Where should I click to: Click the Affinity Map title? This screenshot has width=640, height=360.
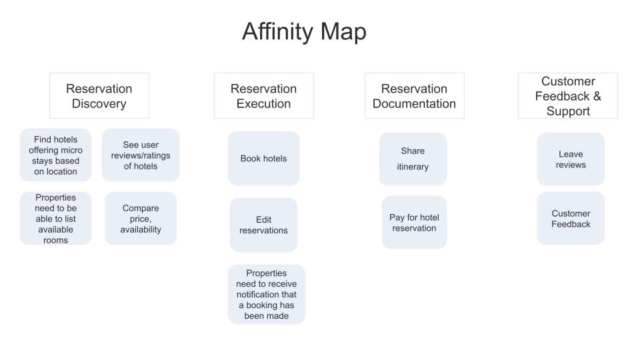[x=304, y=31]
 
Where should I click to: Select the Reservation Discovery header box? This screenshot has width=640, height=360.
[x=99, y=96]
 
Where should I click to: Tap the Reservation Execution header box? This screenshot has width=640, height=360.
[x=264, y=96]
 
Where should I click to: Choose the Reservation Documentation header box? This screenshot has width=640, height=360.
[x=414, y=96]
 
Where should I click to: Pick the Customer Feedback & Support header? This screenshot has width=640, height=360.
[x=568, y=96]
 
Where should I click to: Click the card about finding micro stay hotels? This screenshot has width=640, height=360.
[x=55, y=155]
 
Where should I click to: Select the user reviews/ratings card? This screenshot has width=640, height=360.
[x=141, y=155]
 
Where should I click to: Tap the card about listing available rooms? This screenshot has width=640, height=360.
[x=55, y=219]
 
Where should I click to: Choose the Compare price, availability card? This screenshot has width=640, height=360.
[x=141, y=219]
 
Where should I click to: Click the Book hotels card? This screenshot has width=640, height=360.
[x=264, y=159]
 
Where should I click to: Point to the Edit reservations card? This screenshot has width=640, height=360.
[x=264, y=225]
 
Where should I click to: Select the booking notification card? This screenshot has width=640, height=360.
[x=267, y=294]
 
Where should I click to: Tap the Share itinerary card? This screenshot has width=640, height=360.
[x=413, y=159]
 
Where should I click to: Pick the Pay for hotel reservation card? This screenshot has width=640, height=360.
[x=414, y=223]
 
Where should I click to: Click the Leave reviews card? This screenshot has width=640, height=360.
[x=571, y=159]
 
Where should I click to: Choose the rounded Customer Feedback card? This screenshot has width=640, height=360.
[x=571, y=219]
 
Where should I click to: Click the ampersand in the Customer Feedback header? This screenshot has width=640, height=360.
[x=597, y=96]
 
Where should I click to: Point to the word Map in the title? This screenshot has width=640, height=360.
[x=343, y=31]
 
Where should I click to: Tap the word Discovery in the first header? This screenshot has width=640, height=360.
[x=99, y=104]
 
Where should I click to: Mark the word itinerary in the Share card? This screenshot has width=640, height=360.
[x=413, y=167]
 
